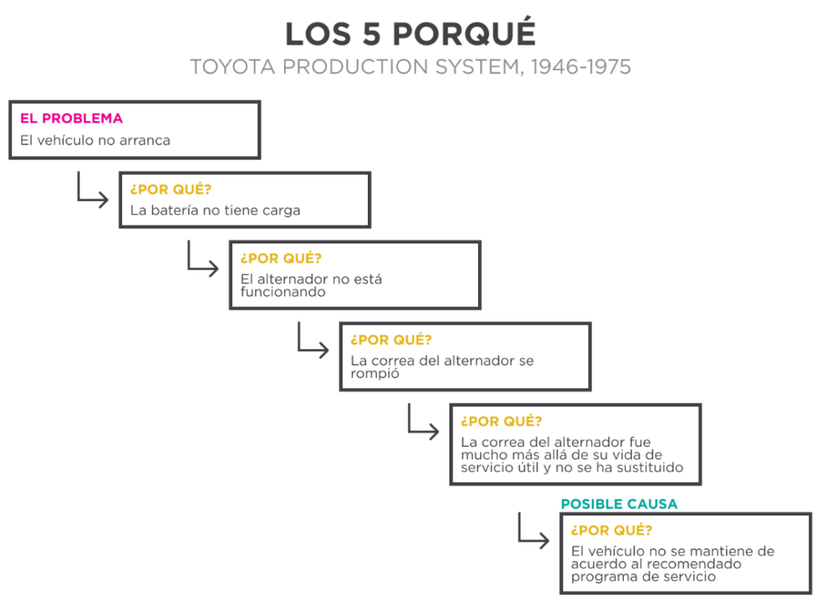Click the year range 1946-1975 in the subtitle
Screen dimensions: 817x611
coord(581,67)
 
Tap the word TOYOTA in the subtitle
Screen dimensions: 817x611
coord(232,67)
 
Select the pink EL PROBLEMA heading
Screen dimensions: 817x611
coord(71,118)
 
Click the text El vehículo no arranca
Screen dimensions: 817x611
coord(96,140)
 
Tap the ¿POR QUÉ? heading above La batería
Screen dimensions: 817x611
coord(171,189)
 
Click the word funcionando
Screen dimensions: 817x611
coord(283,292)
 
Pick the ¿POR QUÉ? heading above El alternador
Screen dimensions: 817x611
coord(281,258)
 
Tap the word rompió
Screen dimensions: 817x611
coord(375,373)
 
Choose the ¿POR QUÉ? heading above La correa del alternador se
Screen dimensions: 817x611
coord(391,340)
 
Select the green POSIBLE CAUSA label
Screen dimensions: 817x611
coord(619,503)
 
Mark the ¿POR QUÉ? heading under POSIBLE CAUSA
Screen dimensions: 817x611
coord(612,530)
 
